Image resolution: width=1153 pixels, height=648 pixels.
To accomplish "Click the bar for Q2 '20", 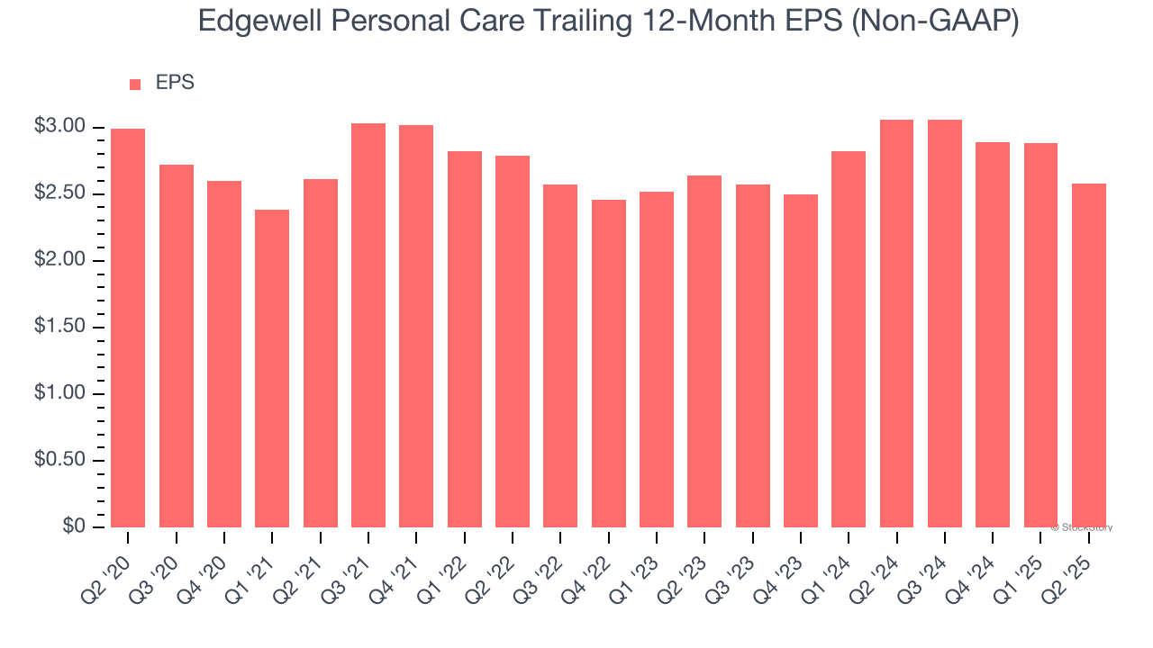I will coord(128,328).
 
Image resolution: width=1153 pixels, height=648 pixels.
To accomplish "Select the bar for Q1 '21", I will coord(272,368).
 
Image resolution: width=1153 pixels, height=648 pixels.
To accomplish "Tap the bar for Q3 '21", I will coord(368,325).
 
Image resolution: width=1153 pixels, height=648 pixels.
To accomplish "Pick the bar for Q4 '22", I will coord(608,364).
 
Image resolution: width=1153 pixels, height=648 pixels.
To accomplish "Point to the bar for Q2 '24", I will coord(896,323).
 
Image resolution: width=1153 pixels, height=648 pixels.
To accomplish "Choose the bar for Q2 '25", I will coord(1088,355).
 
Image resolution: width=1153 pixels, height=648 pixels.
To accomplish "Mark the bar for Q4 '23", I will coord(801,361).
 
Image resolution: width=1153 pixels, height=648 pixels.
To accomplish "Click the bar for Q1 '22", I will coord(464,339).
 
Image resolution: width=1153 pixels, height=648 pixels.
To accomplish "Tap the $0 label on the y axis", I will coord(74,526).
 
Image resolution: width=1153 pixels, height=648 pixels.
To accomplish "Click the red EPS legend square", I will coord(135,84).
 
